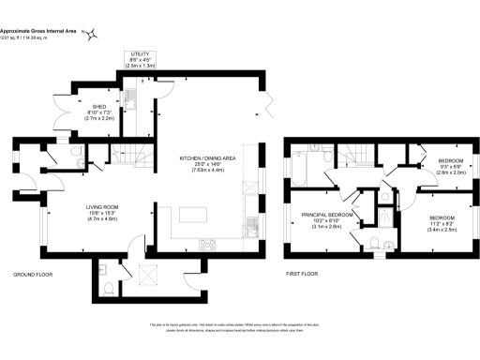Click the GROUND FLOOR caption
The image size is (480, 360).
coord(33,275)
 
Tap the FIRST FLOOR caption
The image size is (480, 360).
coord(306,275)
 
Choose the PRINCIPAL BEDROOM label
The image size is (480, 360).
coord(327,215)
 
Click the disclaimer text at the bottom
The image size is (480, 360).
coord(240,328)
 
